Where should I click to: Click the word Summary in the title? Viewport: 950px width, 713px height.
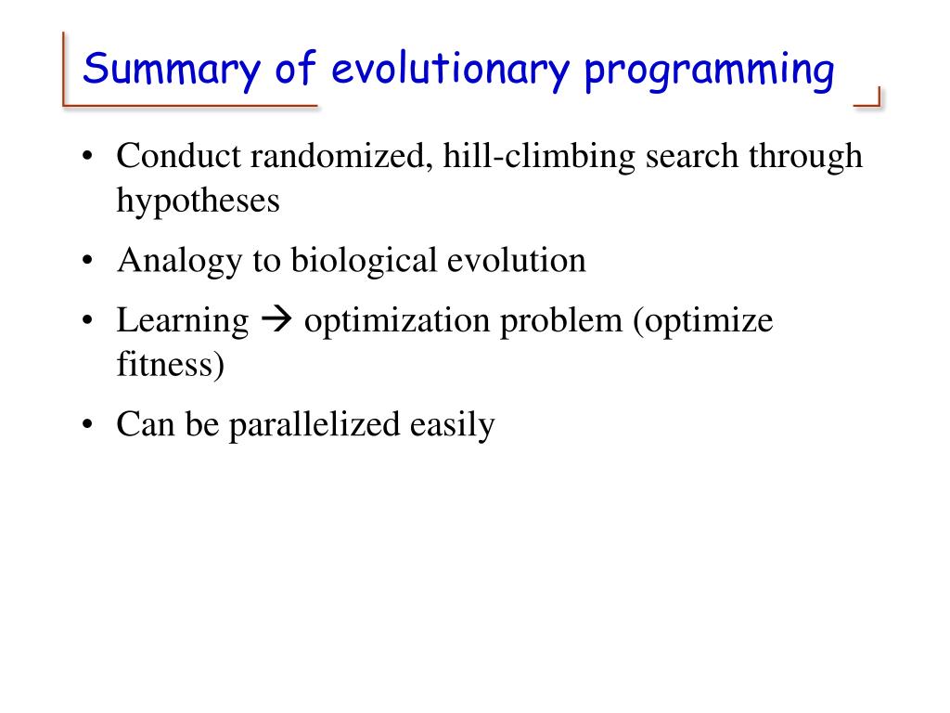click(172, 70)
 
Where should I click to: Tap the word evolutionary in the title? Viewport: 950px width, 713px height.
click(451, 69)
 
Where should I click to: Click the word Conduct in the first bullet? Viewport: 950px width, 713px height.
click(179, 156)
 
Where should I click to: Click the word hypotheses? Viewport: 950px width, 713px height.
click(199, 201)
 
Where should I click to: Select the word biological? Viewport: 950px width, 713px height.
click(364, 261)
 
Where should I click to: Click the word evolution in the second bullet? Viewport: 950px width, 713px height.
click(516, 261)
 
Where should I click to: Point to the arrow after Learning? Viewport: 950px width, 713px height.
click(276, 320)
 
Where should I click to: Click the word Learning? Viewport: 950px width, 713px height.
click(183, 321)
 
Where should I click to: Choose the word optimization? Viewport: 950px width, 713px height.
click(397, 321)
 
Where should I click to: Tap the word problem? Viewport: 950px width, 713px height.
click(561, 321)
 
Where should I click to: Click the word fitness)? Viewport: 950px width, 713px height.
click(171, 364)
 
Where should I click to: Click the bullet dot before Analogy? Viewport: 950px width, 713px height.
click(88, 261)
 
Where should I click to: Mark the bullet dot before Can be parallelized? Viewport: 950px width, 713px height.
click(88, 424)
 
